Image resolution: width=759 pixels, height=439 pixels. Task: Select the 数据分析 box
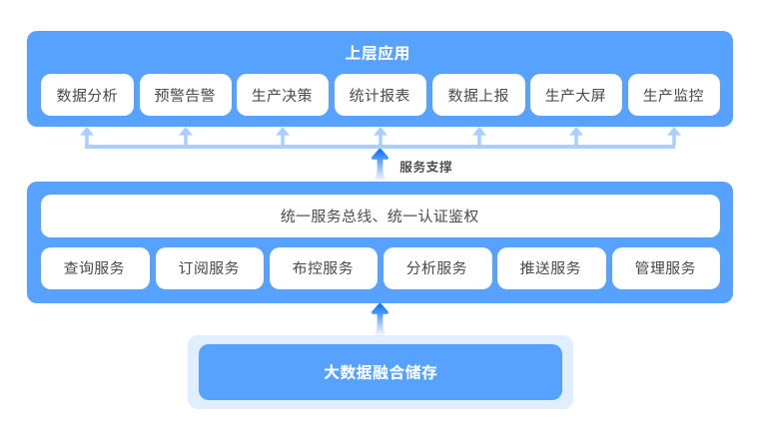(87, 96)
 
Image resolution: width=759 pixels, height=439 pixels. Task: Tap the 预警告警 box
(185, 96)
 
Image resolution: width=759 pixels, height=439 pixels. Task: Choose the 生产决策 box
(283, 96)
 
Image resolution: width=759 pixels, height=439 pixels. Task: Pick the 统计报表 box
(379, 96)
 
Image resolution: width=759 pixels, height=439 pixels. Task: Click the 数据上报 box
(477, 96)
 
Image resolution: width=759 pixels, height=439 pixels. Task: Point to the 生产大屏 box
(575, 96)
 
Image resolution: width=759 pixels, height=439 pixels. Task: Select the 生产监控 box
(673, 96)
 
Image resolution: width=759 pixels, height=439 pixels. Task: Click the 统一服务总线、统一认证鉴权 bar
(379, 216)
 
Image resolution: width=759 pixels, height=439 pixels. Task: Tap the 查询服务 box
(95, 267)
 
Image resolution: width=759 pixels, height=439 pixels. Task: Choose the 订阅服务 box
(209, 267)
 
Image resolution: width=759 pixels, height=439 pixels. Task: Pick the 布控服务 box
(323, 267)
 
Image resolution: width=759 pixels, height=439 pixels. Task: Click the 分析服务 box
(437, 267)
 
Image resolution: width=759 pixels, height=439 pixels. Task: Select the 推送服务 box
(551, 267)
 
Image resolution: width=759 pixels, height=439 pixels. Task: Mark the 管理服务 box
(665, 267)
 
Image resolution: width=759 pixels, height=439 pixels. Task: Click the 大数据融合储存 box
(379, 372)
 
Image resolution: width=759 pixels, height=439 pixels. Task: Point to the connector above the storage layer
(379, 319)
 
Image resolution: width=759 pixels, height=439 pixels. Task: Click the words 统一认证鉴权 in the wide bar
(433, 216)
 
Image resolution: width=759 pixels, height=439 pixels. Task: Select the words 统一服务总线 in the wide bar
(321, 216)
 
